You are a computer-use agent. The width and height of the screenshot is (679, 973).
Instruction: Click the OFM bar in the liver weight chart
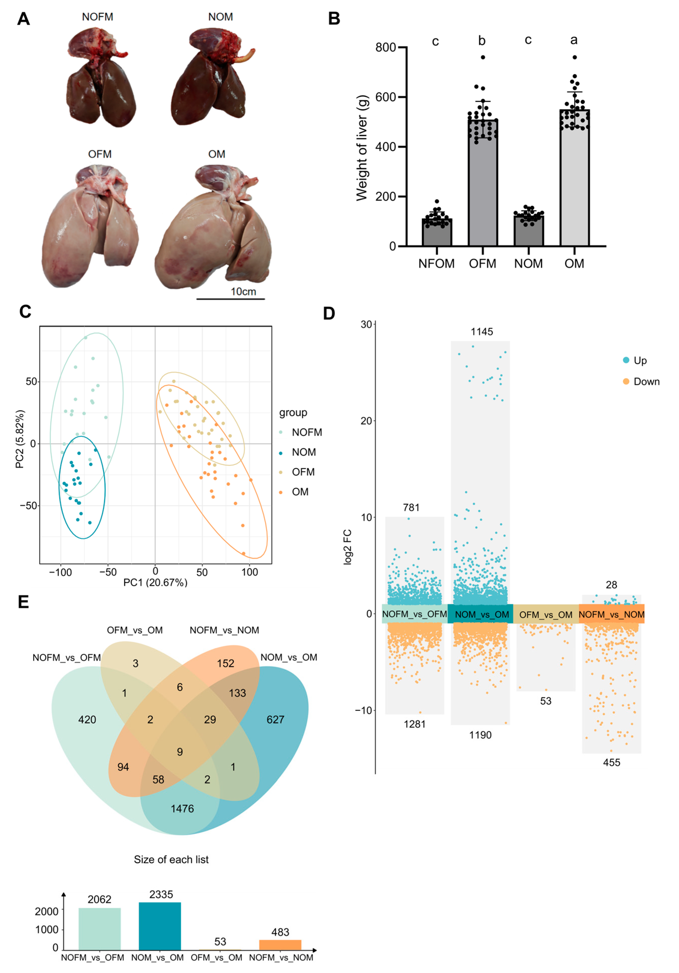(x=482, y=182)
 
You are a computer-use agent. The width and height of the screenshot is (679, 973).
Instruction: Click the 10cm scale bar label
(x=243, y=292)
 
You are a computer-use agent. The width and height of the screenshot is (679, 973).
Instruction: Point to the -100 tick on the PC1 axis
(x=61, y=572)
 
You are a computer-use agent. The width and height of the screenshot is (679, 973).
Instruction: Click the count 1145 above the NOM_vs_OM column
(x=482, y=332)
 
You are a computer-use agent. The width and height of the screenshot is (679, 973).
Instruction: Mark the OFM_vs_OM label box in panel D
(x=546, y=615)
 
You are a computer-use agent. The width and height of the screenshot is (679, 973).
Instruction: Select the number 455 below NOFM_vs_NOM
(x=611, y=762)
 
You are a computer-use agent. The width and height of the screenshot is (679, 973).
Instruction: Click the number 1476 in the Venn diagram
(x=182, y=809)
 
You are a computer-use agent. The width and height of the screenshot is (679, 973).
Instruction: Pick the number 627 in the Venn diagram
(x=275, y=720)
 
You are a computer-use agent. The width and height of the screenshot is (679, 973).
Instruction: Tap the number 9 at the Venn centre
(x=180, y=752)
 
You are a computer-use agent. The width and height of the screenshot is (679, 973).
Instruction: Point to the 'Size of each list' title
(x=171, y=859)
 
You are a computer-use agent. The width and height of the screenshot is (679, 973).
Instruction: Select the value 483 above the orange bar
(x=280, y=932)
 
